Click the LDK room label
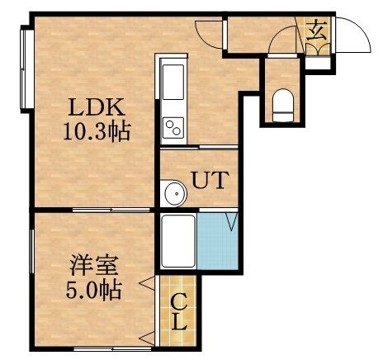click(x=97, y=107)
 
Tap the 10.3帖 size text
click(x=97, y=130)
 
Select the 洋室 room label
click(x=93, y=267)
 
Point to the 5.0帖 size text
click(x=93, y=290)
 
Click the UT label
click(x=210, y=178)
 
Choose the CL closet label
click(x=178, y=312)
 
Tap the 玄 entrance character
click(x=317, y=34)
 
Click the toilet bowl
click(x=281, y=102)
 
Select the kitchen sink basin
click(x=174, y=83)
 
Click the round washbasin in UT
click(x=174, y=194)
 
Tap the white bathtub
click(x=177, y=241)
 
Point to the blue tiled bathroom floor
click(x=218, y=244)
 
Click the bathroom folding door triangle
click(x=231, y=221)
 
